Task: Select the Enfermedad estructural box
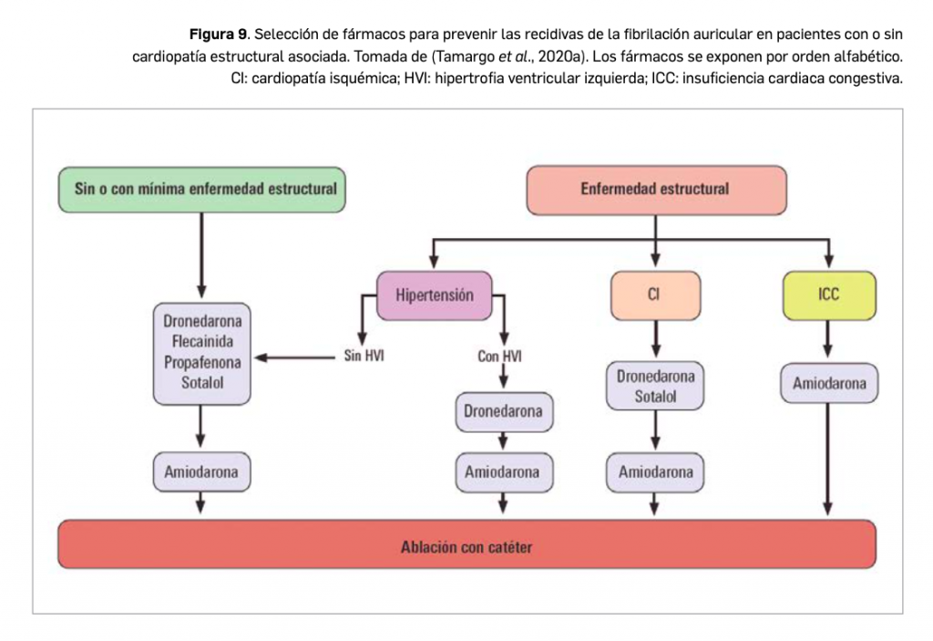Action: tap(655, 190)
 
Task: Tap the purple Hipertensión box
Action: tap(435, 295)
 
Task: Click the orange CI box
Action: tap(654, 295)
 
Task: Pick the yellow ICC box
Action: tap(828, 295)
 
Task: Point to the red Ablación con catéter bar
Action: tap(466, 547)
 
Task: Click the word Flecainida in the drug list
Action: tap(202, 341)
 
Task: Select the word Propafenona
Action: tap(202, 361)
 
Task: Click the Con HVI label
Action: tap(499, 357)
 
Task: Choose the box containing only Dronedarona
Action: tap(502, 411)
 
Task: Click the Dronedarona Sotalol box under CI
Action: tap(655, 387)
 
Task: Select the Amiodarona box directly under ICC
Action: tap(829, 384)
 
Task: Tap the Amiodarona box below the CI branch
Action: tap(655, 472)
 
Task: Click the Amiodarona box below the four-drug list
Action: tap(201, 472)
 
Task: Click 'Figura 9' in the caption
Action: tap(217, 35)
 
